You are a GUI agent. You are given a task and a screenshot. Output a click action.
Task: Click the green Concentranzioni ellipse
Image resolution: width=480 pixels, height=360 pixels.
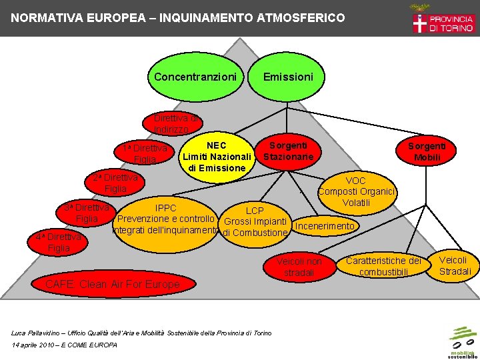coord(195,77)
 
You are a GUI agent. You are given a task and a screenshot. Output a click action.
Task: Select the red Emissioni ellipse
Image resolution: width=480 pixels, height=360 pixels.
coord(287,77)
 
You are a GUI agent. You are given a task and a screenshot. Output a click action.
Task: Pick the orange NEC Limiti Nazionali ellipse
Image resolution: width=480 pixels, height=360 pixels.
coord(217,157)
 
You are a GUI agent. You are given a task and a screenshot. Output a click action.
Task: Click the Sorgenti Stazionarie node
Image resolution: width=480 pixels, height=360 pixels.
coord(288,151)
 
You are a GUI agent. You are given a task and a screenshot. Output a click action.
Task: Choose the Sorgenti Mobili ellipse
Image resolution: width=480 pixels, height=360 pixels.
coord(427,151)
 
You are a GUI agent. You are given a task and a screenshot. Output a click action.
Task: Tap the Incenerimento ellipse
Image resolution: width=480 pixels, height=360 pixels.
coord(325,226)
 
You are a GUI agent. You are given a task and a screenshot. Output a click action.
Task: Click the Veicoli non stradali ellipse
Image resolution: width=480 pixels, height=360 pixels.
coord(299,267)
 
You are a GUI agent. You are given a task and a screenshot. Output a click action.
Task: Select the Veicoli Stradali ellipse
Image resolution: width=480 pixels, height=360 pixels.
coord(455,265)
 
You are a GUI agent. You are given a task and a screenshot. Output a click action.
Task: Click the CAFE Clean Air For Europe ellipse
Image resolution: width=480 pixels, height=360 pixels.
coord(112,285)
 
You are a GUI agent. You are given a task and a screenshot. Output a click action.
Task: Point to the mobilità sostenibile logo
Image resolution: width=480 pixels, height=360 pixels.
coord(462,341)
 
